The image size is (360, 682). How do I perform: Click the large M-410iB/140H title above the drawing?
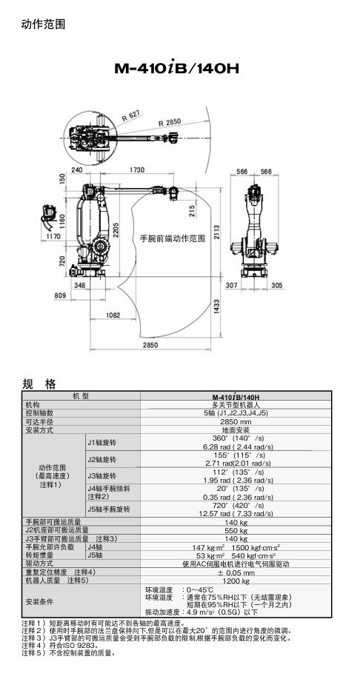[x=177, y=69]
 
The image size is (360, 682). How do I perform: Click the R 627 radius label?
[x=130, y=114]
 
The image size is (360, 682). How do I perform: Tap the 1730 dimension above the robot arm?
[x=136, y=170]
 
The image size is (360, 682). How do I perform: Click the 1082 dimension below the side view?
[x=113, y=315]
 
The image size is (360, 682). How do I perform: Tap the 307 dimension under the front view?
[x=232, y=285]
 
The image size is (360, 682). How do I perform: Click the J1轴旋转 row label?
[x=101, y=442]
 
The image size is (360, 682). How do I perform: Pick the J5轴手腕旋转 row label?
[x=108, y=509]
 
